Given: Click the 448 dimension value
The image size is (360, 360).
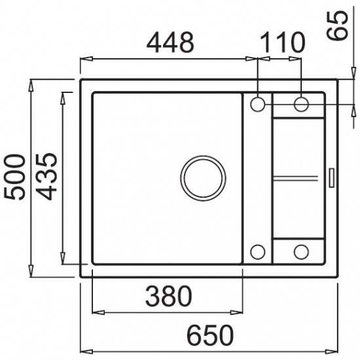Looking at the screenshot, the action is tap(170, 43).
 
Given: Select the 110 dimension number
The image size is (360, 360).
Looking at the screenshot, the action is tap(283, 43).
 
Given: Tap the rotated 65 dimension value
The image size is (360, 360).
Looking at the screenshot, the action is tap(337, 26).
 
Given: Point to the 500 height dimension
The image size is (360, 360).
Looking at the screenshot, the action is tap(14, 177).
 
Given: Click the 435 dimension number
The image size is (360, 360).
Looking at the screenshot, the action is tap(46, 176).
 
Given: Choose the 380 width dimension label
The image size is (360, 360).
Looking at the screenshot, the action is tap(169, 296).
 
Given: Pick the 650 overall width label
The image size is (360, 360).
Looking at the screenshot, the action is tap(211, 335).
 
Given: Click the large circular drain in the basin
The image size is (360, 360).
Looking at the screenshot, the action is tap(203, 177).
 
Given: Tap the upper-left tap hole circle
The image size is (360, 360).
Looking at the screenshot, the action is tap(258, 105).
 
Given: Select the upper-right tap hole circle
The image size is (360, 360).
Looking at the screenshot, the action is tap(301, 105).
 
